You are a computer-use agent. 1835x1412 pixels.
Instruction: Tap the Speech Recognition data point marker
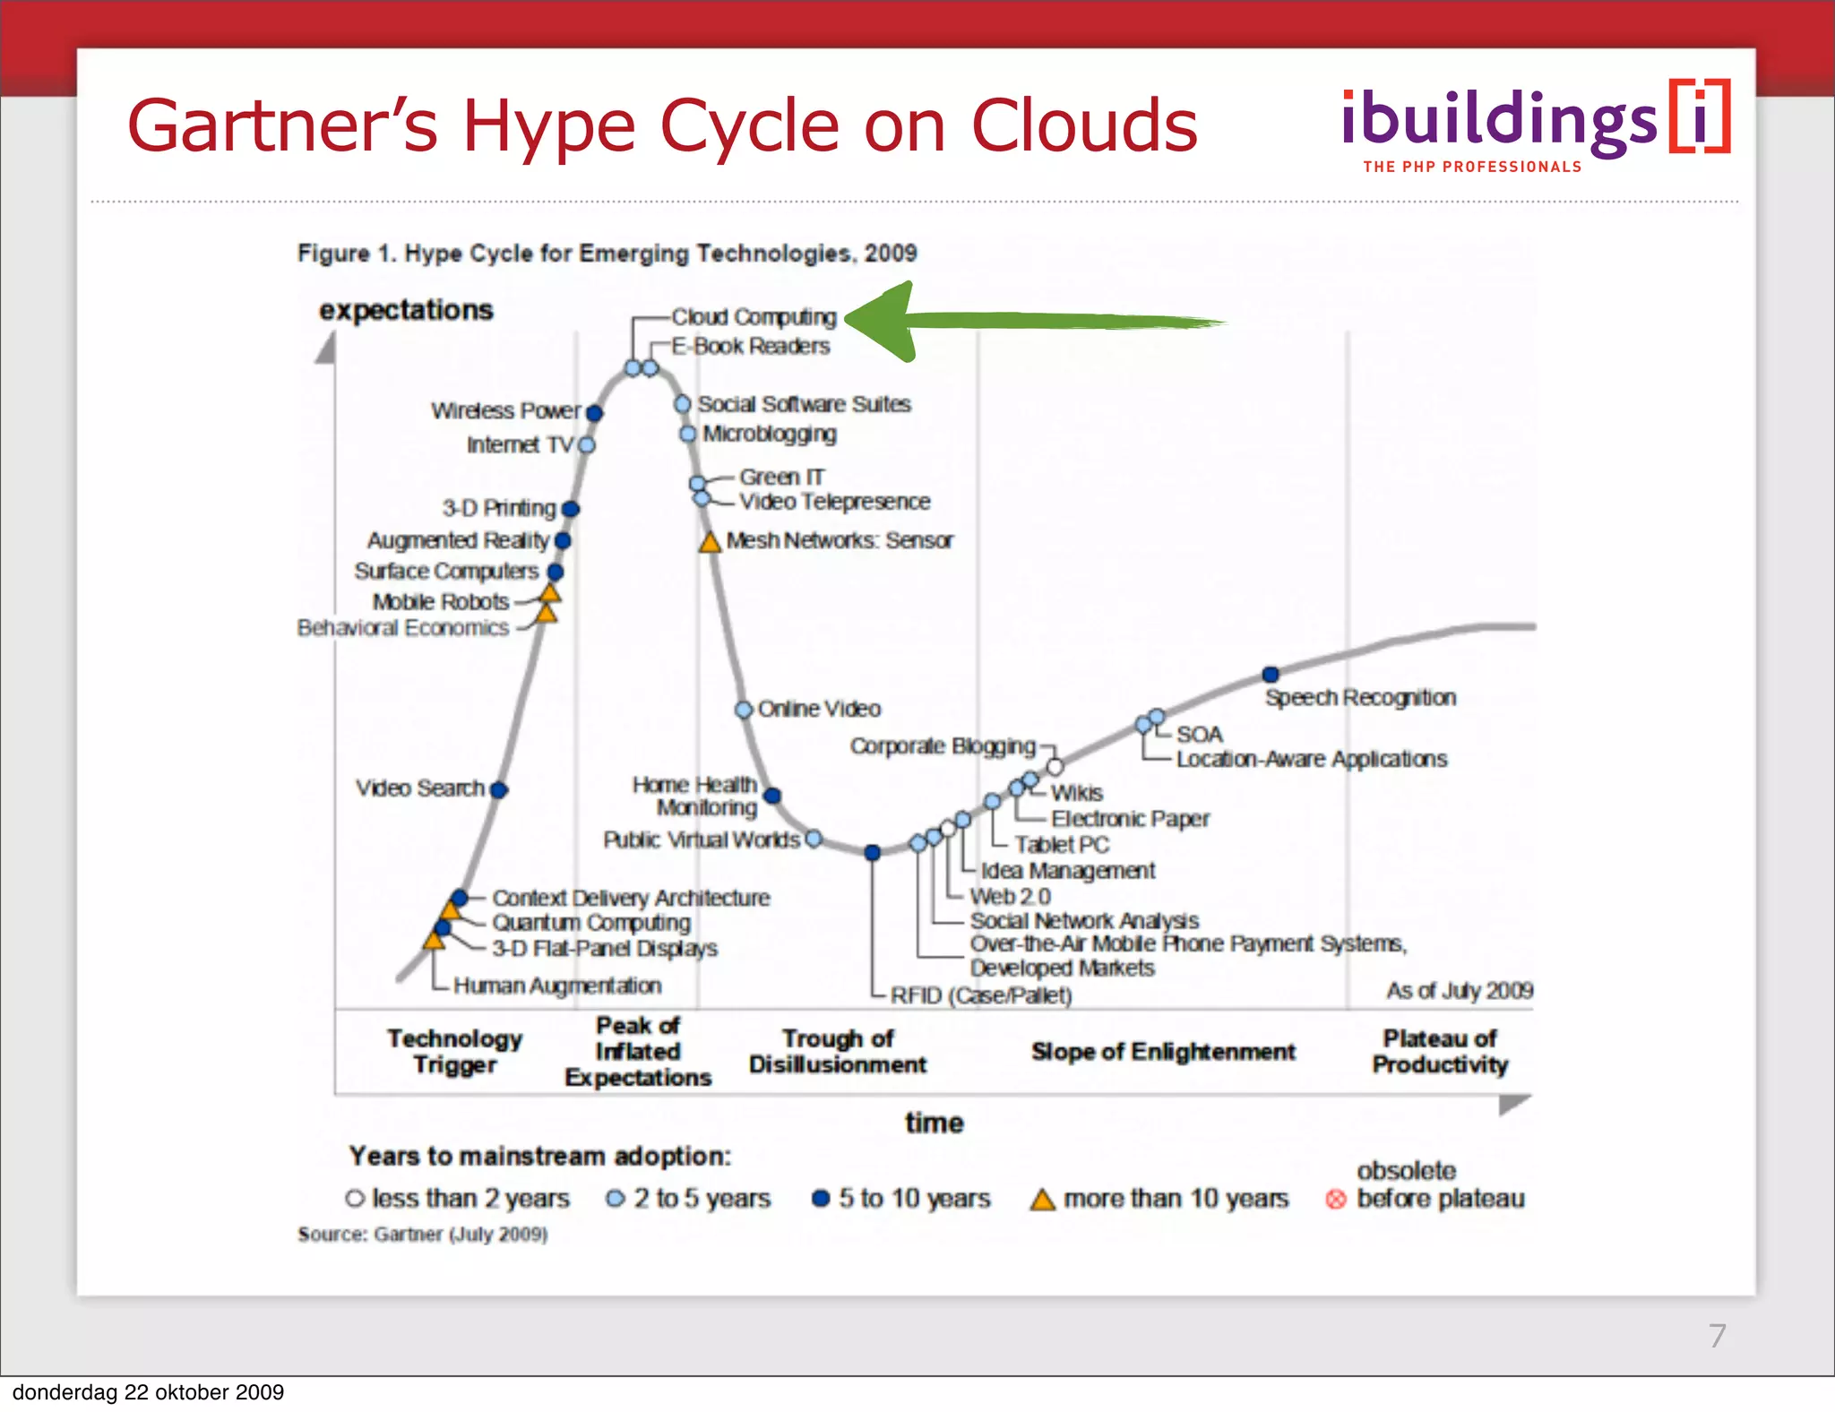point(1271,674)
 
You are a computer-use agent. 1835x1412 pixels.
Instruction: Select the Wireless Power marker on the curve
point(594,412)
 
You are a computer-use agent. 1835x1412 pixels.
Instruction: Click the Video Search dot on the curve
point(499,789)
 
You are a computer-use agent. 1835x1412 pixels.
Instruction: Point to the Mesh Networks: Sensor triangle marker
point(710,542)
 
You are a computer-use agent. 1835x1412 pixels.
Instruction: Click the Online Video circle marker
point(743,710)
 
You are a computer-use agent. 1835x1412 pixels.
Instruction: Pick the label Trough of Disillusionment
point(837,1051)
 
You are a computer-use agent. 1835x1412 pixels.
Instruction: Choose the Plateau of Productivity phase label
point(1440,1051)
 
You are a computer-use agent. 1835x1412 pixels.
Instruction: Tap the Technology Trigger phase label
point(454,1051)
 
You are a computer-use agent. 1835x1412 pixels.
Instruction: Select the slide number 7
point(1717,1336)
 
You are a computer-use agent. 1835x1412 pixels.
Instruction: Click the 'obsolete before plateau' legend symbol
point(1335,1199)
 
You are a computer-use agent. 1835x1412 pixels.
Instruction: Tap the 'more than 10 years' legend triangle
point(1042,1199)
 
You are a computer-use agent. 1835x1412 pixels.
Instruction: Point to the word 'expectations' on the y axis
point(406,310)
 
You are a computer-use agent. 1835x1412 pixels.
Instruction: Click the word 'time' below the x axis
point(934,1123)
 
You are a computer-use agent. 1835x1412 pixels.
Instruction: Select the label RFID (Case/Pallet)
point(980,995)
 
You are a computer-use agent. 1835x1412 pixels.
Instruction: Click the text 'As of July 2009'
point(1460,990)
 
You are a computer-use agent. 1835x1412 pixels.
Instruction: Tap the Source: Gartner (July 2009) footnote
point(422,1235)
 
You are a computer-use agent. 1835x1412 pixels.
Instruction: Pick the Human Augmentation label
point(556,986)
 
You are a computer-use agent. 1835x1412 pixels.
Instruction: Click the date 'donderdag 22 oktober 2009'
point(148,1392)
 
